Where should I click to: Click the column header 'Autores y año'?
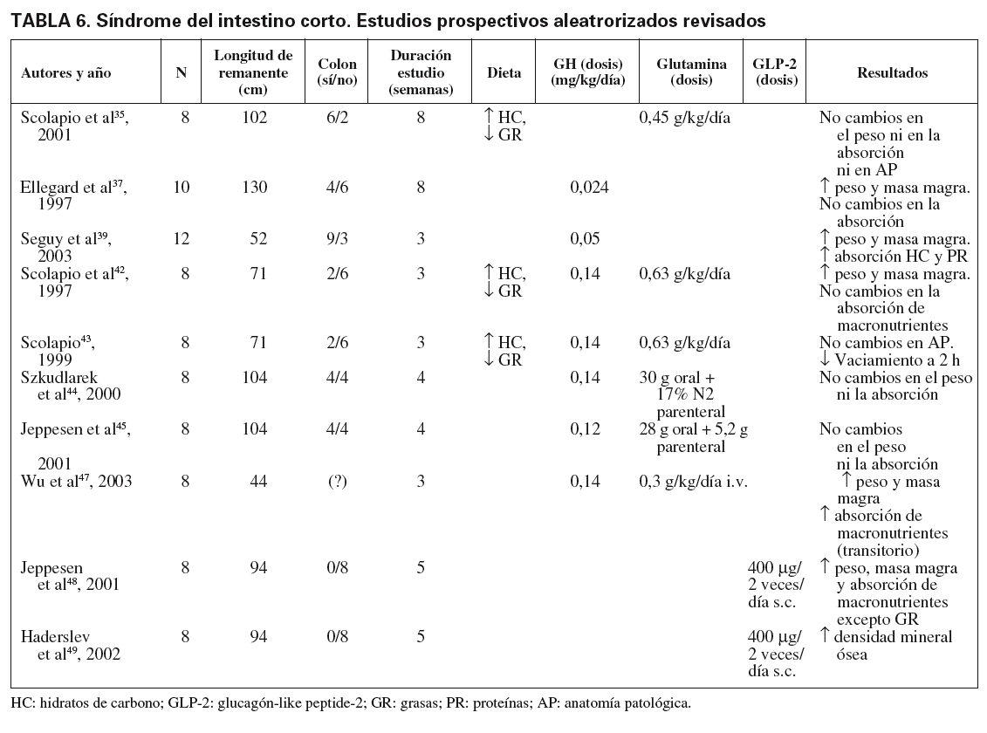[66, 74]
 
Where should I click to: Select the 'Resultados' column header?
[893, 74]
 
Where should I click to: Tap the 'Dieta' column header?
[504, 74]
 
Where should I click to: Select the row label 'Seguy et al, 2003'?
[66, 248]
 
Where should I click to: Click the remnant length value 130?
[254, 188]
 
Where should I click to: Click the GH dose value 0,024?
[588, 188]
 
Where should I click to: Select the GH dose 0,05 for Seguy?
[585, 240]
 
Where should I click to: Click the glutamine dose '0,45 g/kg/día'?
[685, 119]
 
